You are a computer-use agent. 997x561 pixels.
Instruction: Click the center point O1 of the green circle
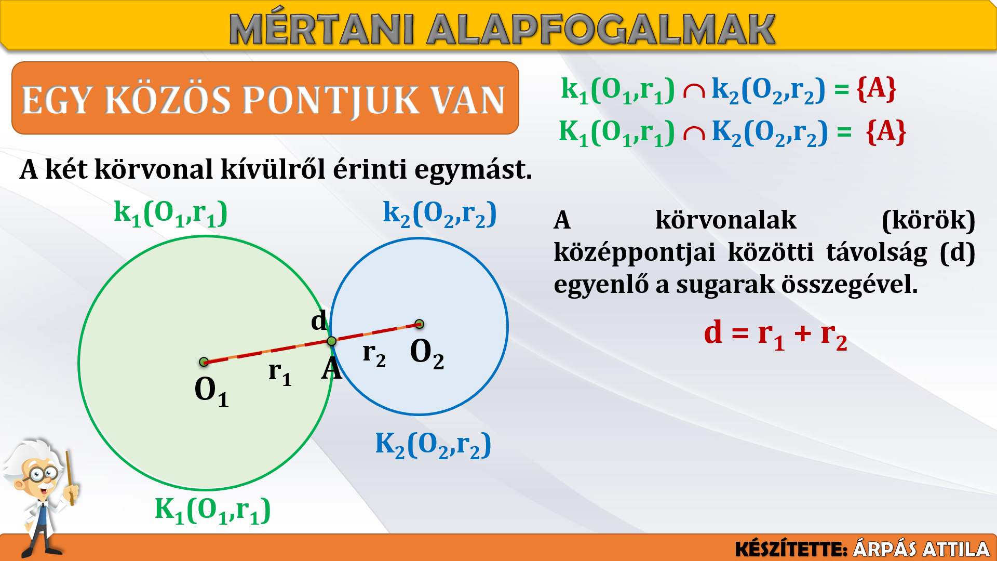click(204, 362)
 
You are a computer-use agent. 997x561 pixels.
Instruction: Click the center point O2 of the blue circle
click(420, 324)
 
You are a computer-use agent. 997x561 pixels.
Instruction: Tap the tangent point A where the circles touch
click(332, 341)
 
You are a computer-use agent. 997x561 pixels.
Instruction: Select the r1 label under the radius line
click(280, 373)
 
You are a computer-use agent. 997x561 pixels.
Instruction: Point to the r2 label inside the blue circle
click(374, 354)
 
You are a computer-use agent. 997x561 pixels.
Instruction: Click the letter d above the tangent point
click(319, 320)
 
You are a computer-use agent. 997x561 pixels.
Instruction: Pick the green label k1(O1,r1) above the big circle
click(171, 213)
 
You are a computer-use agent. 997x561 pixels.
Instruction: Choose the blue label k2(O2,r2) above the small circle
click(440, 213)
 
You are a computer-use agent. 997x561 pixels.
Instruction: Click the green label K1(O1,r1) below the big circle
click(213, 510)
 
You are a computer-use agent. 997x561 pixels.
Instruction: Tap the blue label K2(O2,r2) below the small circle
click(433, 445)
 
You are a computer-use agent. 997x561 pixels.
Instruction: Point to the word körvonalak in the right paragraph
click(725, 220)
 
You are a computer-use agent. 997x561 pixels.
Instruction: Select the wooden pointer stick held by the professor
click(70, 478)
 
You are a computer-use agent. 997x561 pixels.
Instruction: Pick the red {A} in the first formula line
click(876, 89)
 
